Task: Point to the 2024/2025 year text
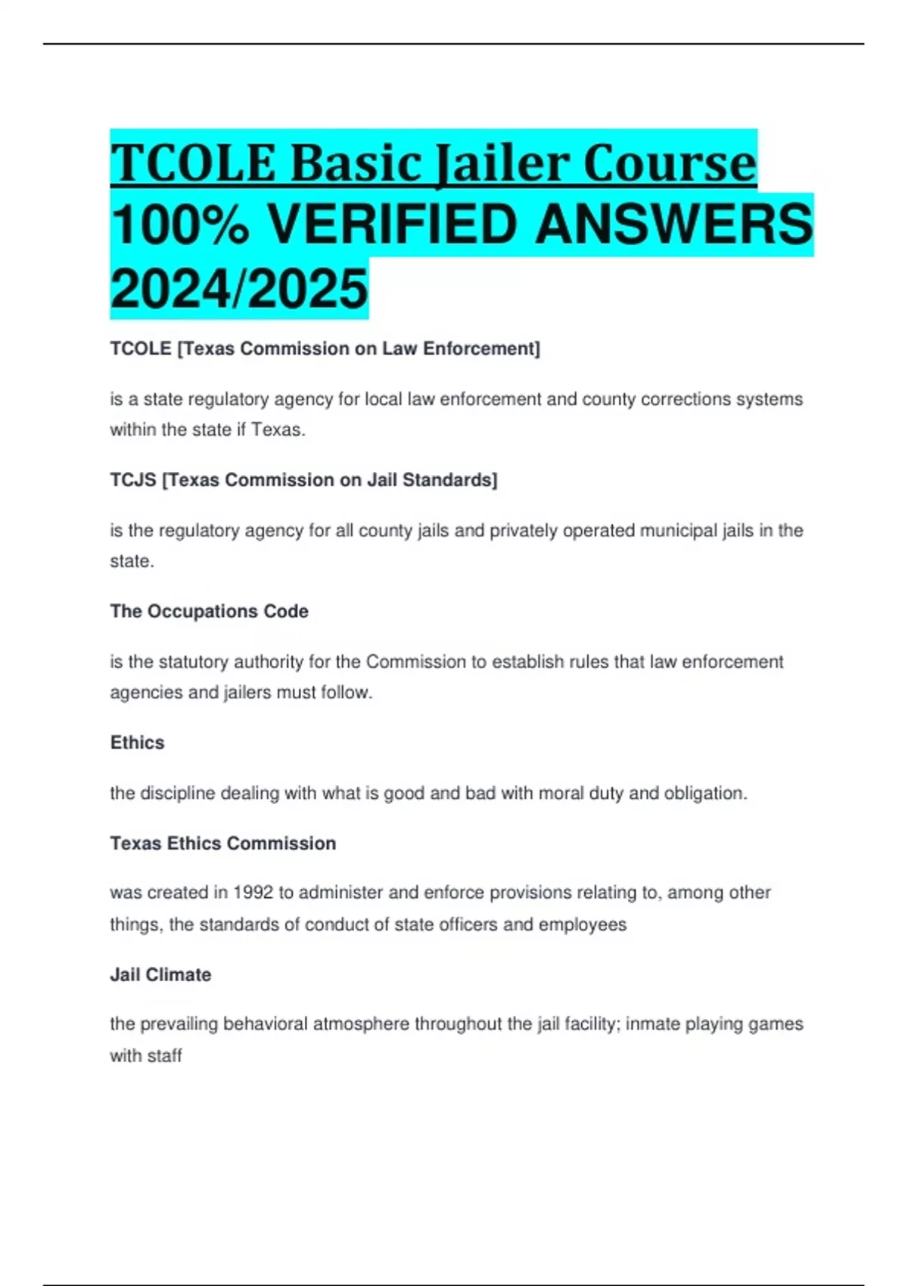click(x=239, y=289)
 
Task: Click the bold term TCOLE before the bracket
click(x=141, y=349)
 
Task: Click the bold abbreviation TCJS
click(x=133, y=480)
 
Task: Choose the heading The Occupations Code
click(x=209, y=611)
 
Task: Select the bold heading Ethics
click(x=137, y=742)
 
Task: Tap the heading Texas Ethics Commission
click(x=222, y=843)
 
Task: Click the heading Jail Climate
click(x=160, y=974)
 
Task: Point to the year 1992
click(x=253, y=893)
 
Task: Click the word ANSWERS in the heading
click(x=673, y=225)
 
